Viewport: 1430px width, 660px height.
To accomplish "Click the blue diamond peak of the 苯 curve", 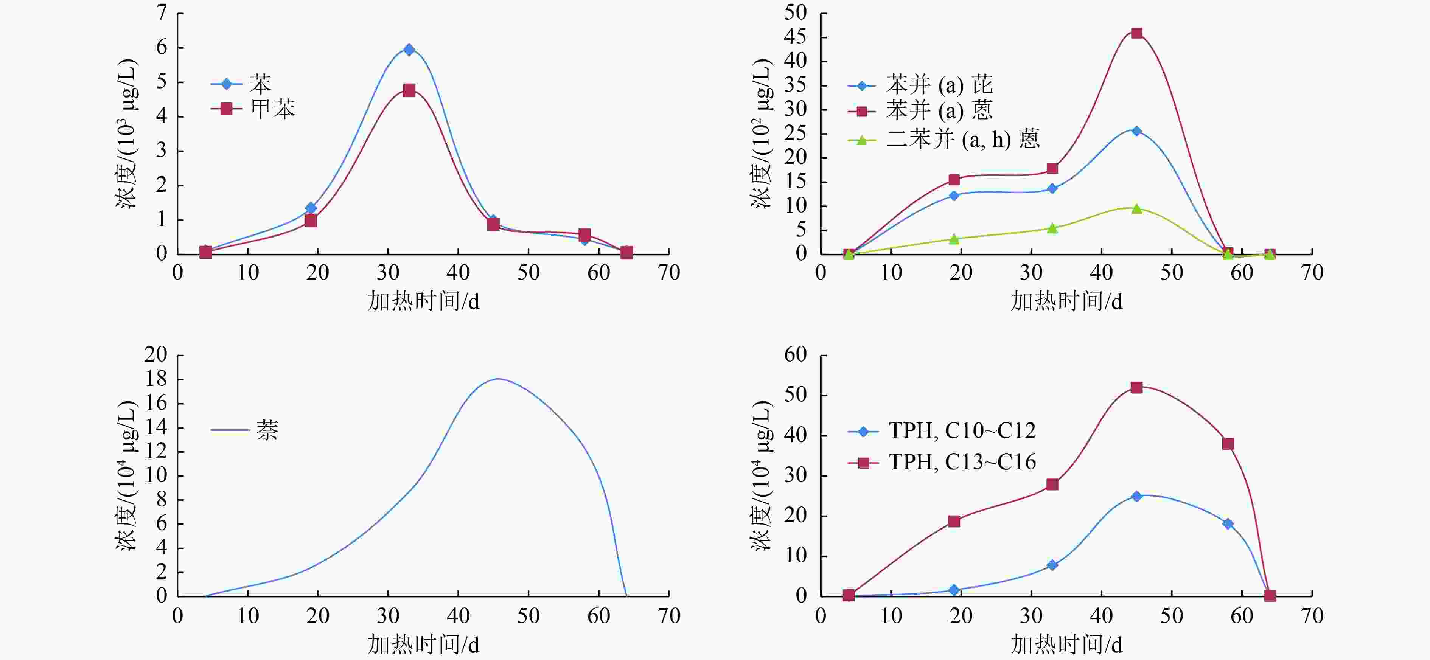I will coord(409,50).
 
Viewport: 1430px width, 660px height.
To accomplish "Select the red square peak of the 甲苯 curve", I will coord(409,90).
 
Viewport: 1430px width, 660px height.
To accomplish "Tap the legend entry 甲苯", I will coord(272,109).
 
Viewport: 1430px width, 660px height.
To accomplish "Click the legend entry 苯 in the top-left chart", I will coord(260,84).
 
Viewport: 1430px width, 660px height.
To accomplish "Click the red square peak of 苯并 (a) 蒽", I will coord(1136,33).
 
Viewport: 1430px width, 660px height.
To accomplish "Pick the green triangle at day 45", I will coord(1136,209).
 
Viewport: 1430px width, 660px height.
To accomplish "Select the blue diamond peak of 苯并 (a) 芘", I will coord(1136,131).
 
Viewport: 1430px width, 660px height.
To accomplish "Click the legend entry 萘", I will coord(267,430).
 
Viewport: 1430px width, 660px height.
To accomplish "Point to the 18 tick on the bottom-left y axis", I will coord(155,380).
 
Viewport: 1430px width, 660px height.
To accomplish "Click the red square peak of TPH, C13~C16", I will coord(1136,387).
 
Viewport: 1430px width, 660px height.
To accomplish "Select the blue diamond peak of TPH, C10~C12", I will coord(1136,496).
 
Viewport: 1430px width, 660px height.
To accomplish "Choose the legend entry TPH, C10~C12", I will coord(962,431).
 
